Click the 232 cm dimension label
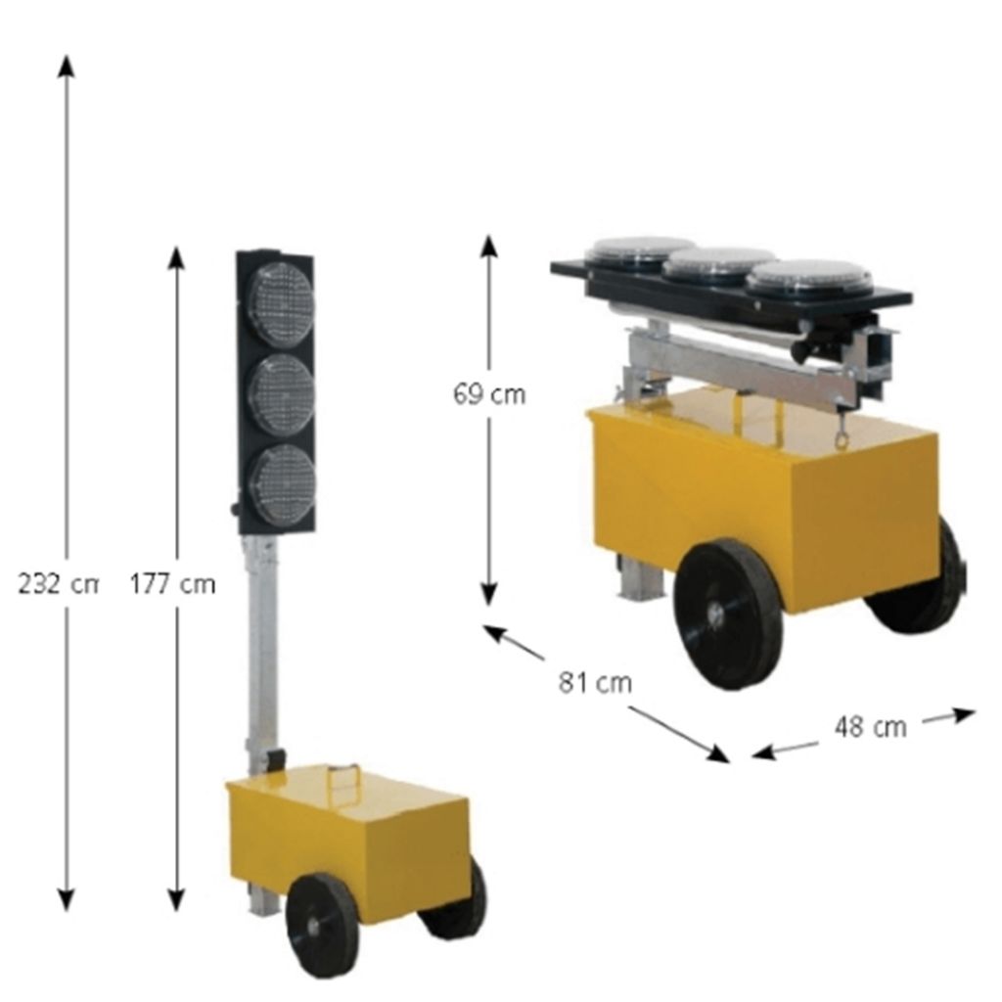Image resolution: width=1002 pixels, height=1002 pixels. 58,584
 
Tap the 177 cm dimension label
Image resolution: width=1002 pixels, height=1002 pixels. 172,584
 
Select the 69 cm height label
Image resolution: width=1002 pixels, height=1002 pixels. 489,394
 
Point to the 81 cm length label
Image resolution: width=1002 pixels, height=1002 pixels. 596,682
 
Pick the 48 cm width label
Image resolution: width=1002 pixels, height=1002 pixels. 870,727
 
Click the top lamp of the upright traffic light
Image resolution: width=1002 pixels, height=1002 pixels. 281,304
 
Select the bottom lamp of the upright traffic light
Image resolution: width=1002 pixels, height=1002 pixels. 282,484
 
